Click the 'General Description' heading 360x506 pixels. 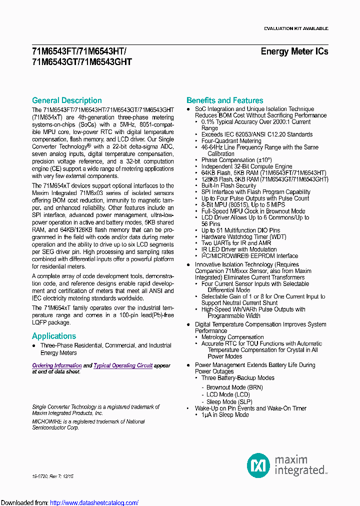(66, 100)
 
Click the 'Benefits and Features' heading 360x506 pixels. (224, 100)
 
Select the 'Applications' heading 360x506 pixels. (54, 336)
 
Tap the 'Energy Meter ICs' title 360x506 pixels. (294, 51)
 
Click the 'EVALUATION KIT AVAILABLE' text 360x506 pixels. (296, 28)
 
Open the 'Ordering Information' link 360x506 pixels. (57, 365)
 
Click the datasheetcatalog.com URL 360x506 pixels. (94, 502)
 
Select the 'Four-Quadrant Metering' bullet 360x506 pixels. (231, 141)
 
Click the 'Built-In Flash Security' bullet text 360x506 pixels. (228, 185)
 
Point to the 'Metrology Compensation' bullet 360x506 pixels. (232, 337)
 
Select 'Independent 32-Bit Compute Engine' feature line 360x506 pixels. (246, 166)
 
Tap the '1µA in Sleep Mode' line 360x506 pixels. (225, 414)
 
